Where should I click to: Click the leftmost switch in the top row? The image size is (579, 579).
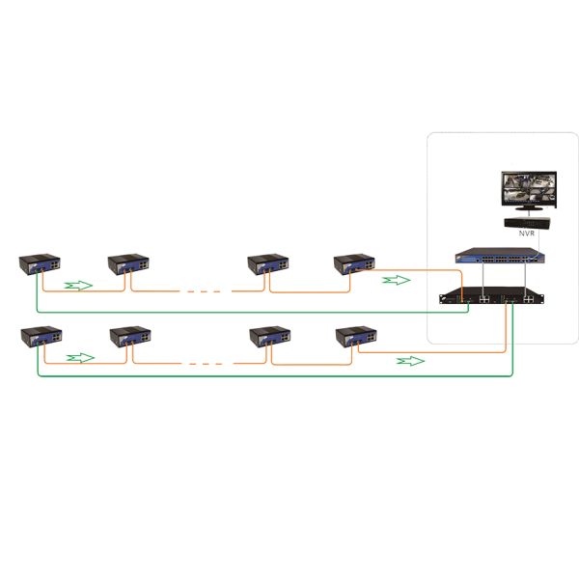tap(40, 262)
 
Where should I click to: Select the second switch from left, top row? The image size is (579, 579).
tap(128, 262)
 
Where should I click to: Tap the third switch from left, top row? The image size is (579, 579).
tap(268, 262)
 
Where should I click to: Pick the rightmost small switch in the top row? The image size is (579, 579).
tap(353, 262)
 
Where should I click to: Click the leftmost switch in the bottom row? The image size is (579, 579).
tap(41, 337)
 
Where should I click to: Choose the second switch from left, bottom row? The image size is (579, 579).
tap(130, 337)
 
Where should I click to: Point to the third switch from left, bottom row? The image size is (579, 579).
tap(270, 337)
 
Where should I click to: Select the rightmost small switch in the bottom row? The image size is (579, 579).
tap(355, 337)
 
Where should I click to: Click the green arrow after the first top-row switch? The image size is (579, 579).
tap(77, 286)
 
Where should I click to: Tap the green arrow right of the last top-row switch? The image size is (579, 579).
tap(397, 280)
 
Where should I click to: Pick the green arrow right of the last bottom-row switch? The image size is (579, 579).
tap(411, 361)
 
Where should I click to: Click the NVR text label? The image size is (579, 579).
tap(527, 234)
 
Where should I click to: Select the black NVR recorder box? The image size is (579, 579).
tap(527, 222)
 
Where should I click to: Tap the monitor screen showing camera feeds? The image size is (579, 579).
tap(527, 186)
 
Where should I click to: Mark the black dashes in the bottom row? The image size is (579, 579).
tap(203, 364)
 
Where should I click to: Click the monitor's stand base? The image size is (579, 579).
tap(527, 208)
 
